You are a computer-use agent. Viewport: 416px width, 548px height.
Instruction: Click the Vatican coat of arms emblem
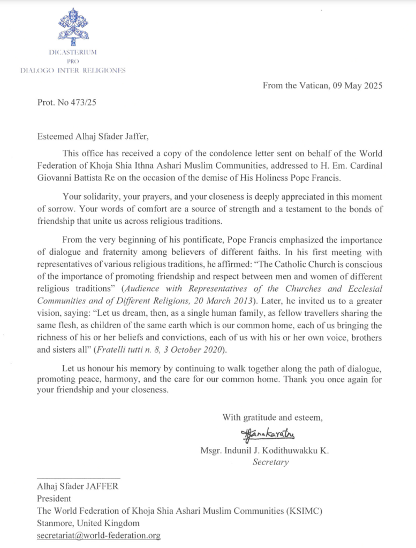pyautogui.click(x=73, y=26)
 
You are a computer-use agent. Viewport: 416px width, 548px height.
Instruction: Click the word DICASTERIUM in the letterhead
pyautogui.click(x=73, y=52)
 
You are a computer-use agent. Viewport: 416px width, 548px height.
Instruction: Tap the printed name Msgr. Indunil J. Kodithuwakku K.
pyautogui.click(x=264, y=451)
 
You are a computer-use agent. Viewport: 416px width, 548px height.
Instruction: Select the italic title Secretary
pyautogui.click(x=270, y=462)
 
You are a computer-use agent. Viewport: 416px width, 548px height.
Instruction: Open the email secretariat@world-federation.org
pyautogui.click(x=99, y=535)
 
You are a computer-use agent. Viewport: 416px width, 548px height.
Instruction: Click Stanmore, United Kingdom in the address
pyautogui.click(x=88, y=523)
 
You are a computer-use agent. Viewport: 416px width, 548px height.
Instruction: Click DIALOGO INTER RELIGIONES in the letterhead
pyautogui.click(x=73, y=70)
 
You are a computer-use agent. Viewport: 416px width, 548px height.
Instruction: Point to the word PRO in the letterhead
pyautogui.click(x=73, y=62)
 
